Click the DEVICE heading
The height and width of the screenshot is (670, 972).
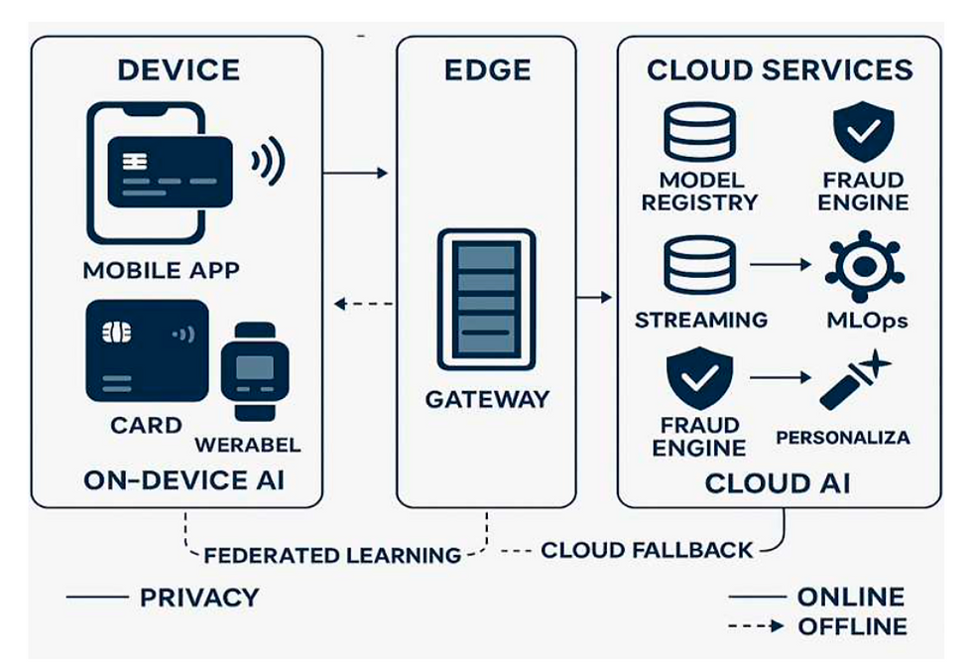(x=179, y=70)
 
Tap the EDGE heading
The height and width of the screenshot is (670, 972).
(x=486, y=70)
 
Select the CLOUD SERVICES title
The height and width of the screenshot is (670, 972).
(x=780, y=70)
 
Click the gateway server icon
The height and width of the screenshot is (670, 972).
(x=486, y=299)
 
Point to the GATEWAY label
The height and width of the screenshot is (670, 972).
(x=486, y=399)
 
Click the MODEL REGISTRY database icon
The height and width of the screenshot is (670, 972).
(x=699, y=131)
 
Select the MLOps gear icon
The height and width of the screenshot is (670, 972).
(x=864, y=267)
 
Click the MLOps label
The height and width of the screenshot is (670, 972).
(x=866, y=321)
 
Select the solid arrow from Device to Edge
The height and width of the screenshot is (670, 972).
(x=356, y=173)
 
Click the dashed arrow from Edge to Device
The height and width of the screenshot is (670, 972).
(x=364, y=304)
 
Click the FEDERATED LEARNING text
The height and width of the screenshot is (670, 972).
(x=333, y=555)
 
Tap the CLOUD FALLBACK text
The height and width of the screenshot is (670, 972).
(x=646, y=549)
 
